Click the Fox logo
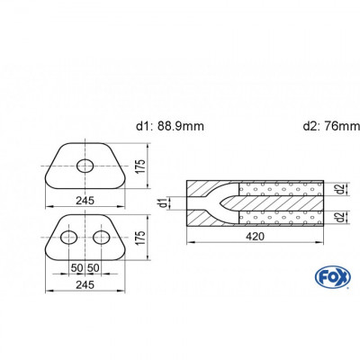tap(333, 277)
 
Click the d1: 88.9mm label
tap(170, 126)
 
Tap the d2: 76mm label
tap(331, 126)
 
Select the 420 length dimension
tap(255, 237)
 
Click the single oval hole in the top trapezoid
tap(85, 166)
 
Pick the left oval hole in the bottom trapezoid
tap(69, 238)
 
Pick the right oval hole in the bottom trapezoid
tap(102, 238)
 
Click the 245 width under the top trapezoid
tap(85, 201)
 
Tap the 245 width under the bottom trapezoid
tap(85, 284)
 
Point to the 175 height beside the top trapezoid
tap(140, 166)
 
